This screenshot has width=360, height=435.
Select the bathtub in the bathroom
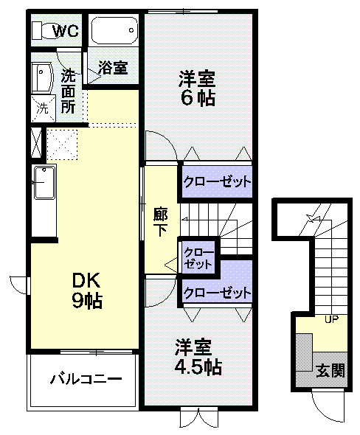point(114,31)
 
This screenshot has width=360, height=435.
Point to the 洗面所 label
point(68,90)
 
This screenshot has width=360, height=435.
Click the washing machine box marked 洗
point(43,106)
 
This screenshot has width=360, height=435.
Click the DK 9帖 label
point(87,290)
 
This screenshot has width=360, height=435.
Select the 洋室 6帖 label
point(198,87)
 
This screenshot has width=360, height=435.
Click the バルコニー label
point(86,380)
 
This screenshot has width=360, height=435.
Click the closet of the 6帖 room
point(217,181)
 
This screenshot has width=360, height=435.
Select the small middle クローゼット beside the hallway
point(198,257)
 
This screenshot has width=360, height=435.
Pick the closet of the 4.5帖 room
point(217,293)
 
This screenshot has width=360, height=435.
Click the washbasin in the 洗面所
point(41,77)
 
